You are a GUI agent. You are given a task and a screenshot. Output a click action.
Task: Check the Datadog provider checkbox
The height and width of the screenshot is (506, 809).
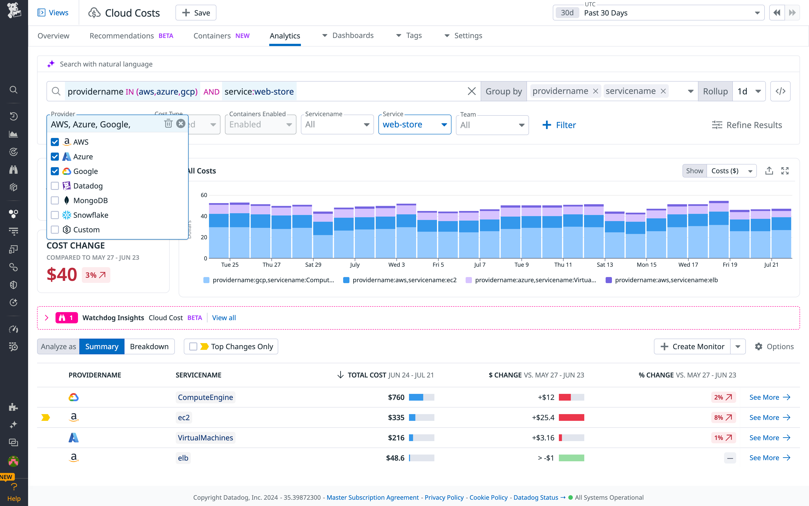[x=55, y=186]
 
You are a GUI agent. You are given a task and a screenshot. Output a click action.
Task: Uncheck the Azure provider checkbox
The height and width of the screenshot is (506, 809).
[x=55, y=157]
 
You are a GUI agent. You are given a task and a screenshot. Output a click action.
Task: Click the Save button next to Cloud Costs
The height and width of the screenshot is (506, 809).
[x=196, y=13]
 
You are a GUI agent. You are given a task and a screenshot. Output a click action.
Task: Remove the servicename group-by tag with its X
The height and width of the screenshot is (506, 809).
[x=663, y=91]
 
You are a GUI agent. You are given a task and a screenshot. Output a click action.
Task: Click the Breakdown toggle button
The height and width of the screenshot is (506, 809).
[x=149, y=346]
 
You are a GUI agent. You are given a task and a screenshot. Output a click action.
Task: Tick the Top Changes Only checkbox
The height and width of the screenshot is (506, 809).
[x=193, y=346]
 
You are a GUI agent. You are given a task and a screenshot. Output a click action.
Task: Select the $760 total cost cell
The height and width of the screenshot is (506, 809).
[x=396, y=397]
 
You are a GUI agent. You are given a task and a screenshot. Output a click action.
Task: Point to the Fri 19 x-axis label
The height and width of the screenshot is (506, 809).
[x=730, y=264]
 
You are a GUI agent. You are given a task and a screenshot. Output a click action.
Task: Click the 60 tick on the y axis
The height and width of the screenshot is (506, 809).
[x=204, y=195]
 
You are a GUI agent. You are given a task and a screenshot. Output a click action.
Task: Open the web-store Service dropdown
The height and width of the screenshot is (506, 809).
[x=414, y=124]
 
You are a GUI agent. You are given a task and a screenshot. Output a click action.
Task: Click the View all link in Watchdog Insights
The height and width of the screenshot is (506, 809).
[x=224, y=317]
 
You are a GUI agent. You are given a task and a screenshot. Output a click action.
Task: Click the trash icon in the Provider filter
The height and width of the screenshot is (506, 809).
[x=168, y=124]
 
